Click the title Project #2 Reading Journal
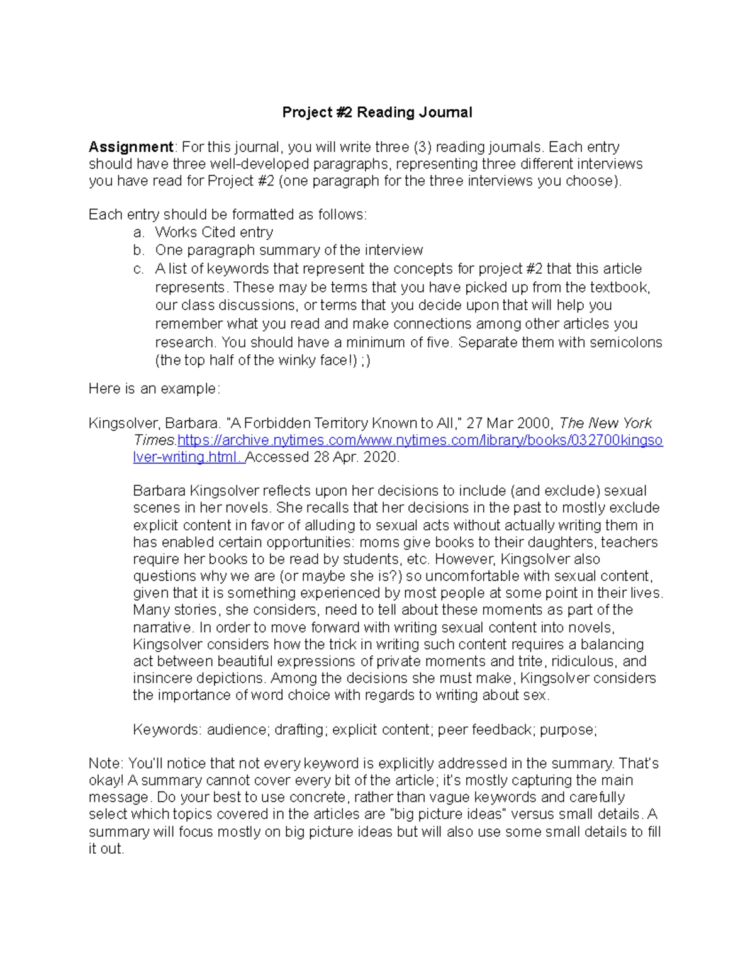click(377, 113)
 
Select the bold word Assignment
click(130, 147)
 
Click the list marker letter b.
click(138, 250)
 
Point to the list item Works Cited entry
click(214, 232)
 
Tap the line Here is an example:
click(154, 389)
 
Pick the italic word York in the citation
click(637, 423)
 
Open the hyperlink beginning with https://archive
click(398, 440)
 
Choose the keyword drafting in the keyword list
click(299, 730)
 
